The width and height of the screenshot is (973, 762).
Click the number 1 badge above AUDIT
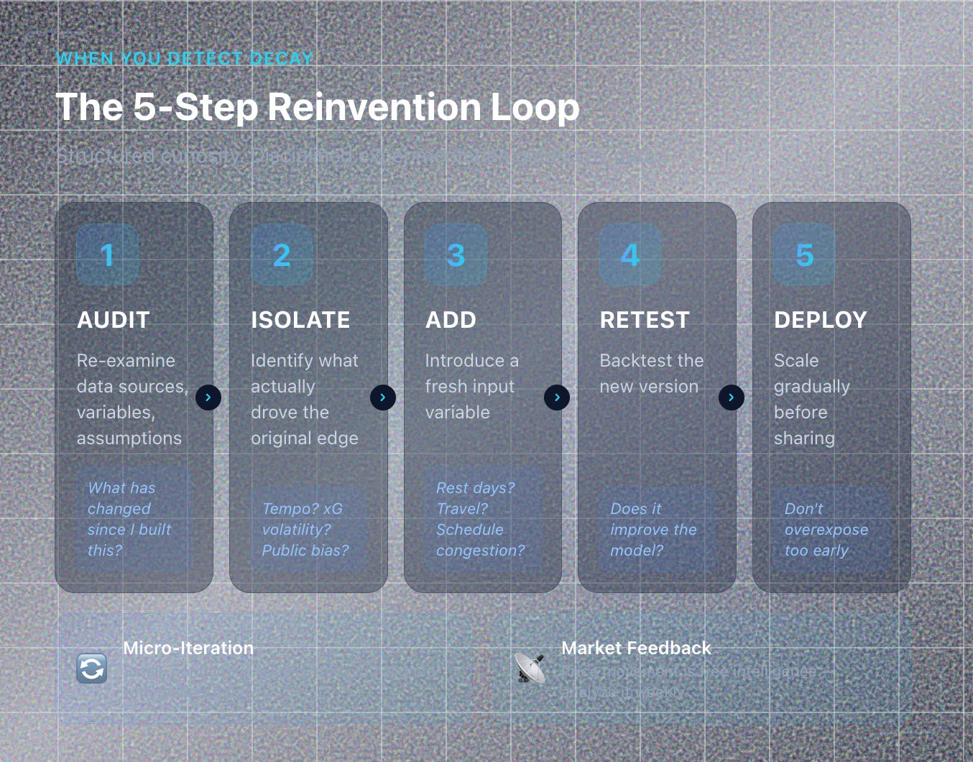pyautogui.click(x=107, y=255)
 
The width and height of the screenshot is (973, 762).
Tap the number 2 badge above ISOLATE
pyautogui.click(x=282, y=255)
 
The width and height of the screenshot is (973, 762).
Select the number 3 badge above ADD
pyautogui.click(x=456, y=255)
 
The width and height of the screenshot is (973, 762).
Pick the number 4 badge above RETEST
pyautogui.click(x=630, y=255)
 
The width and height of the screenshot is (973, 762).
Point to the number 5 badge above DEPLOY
pyautogui.click(x=804, y=255)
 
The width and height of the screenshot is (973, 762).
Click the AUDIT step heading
pyautogui.click(x=114, y=320)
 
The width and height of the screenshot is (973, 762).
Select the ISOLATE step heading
pyautogui.click(x=300, y=320)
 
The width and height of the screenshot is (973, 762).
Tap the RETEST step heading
pyautogui.click(x=645, y=320)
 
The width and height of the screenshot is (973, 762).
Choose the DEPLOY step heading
pyautogui.click(x=820, y=320)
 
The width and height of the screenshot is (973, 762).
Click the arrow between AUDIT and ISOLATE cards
pyautogui.click(x=208, y=398)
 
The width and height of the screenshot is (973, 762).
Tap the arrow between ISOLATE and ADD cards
pyautogui.click(x=382, y=398)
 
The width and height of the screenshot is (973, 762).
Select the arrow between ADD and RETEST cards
pyautogui.click(x=557, y=398)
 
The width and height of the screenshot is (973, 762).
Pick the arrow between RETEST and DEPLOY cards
pyautogui.click(x=731, y=398)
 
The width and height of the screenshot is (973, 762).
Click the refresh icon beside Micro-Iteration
pyautogui.click(x=92, y=669)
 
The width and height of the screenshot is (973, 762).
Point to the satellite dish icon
pyautogui.click(x=530, y=668)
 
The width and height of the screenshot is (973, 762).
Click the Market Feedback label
pyautogui.click(x=636, y=648)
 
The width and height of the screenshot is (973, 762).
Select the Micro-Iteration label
pyautogui.click(x=188, y=648)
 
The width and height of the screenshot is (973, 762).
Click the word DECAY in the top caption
pyautogui.click(x=281, y=59)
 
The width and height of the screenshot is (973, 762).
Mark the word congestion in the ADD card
pyautogui.click(x=480, y=551)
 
